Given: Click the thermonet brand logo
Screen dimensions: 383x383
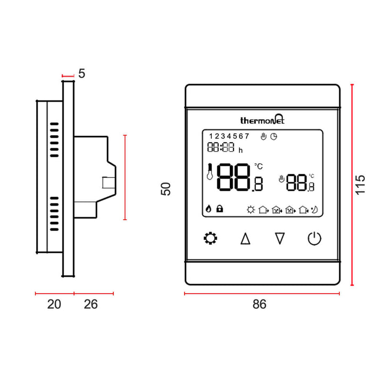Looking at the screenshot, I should (x=262, y=120).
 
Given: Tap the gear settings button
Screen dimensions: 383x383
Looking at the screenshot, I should (x=210, y=238).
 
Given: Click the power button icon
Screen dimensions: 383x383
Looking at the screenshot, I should (x=314, y=238).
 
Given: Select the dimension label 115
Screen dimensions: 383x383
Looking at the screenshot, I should (x=361, y=185).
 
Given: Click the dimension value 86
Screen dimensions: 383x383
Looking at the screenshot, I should (x=259, y=304).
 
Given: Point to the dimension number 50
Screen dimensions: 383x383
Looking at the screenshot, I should (x=166, y=189).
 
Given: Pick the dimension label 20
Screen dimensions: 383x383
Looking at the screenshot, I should (x=54, y=304).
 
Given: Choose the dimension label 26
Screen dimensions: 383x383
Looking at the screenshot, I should (x=91, y=304).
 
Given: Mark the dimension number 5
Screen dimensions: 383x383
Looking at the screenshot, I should (x=81, y=73).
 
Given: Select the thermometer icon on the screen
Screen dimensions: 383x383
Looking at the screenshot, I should (x=210, y=172).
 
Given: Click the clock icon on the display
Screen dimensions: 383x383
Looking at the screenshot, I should (x=274, y=136).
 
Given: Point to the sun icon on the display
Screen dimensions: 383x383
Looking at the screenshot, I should (x=251, y=210).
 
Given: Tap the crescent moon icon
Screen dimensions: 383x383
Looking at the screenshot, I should (x=314, y=210).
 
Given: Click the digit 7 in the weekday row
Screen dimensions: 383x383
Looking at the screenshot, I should (x=247, y=136).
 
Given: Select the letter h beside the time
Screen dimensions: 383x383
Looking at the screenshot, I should (x=240, y=150).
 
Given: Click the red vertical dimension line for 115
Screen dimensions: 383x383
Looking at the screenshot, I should (x=352, y=185).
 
